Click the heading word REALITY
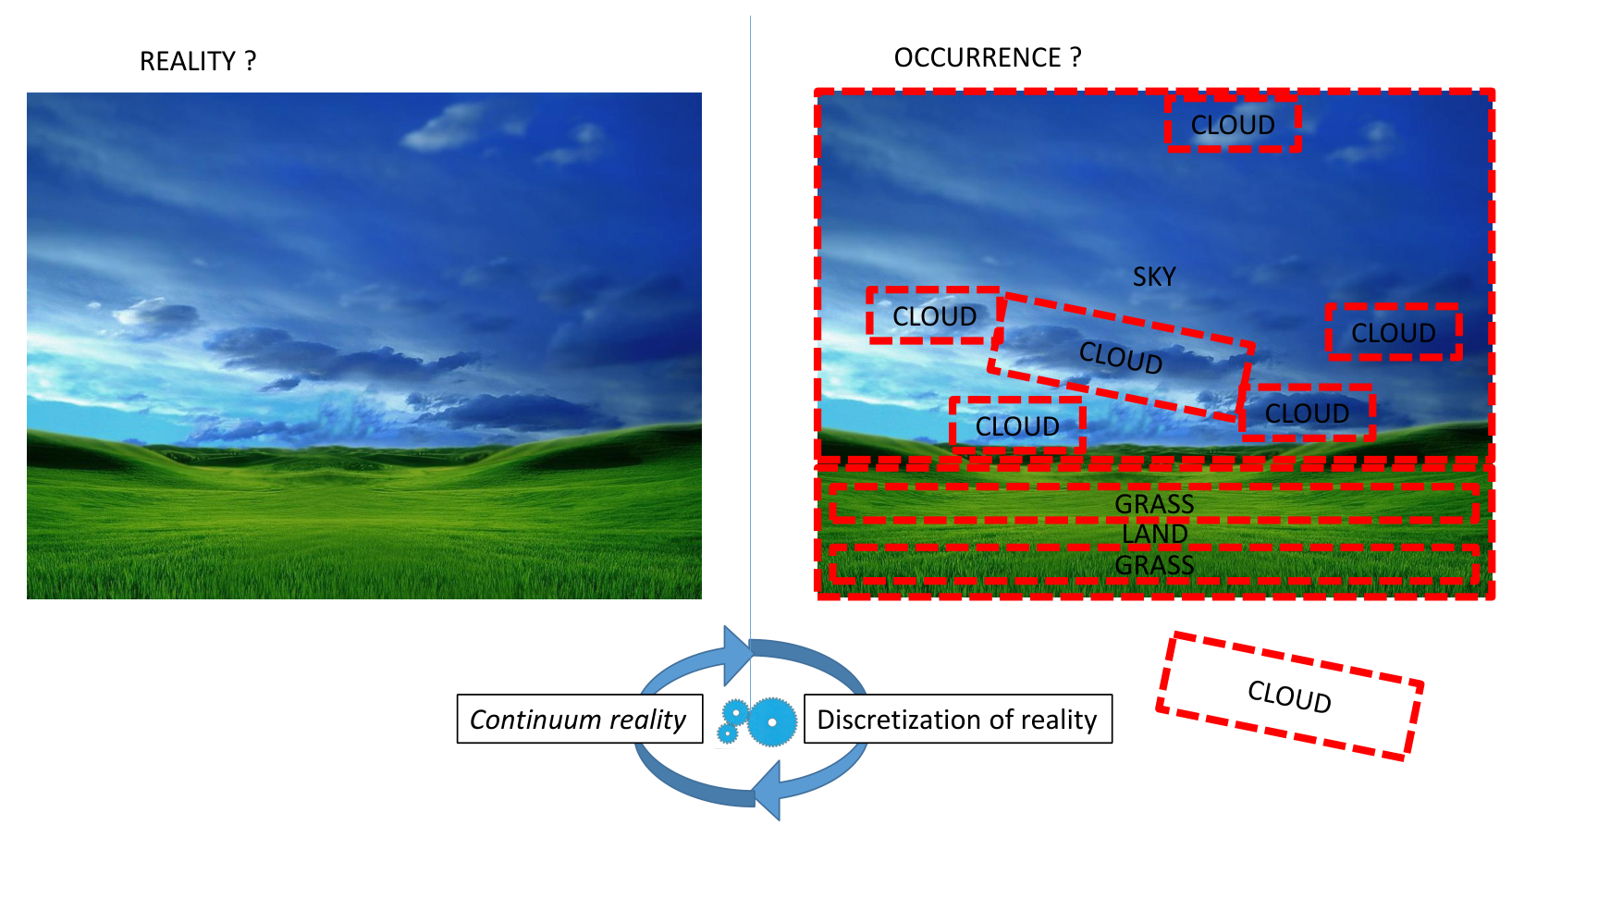(x=188, y=61)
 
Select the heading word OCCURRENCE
(x=977, y=57)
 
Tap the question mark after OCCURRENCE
(x=1076, y=57)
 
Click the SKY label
(x=1154, y=277)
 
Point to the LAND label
(x=1155, y=535)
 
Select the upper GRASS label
(x=1155, y=504)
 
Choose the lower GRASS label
(x=1155, y=565)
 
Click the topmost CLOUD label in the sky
(x=1233, y=125)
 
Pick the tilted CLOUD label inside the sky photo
(x=1121, y=357)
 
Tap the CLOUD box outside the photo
(x=1289, y=696)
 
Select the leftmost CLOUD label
(x=935, y=316)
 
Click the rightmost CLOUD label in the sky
(x=1394, y=333)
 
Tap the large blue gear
(x=771, y=721)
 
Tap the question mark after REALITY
(x=250, y=61)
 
